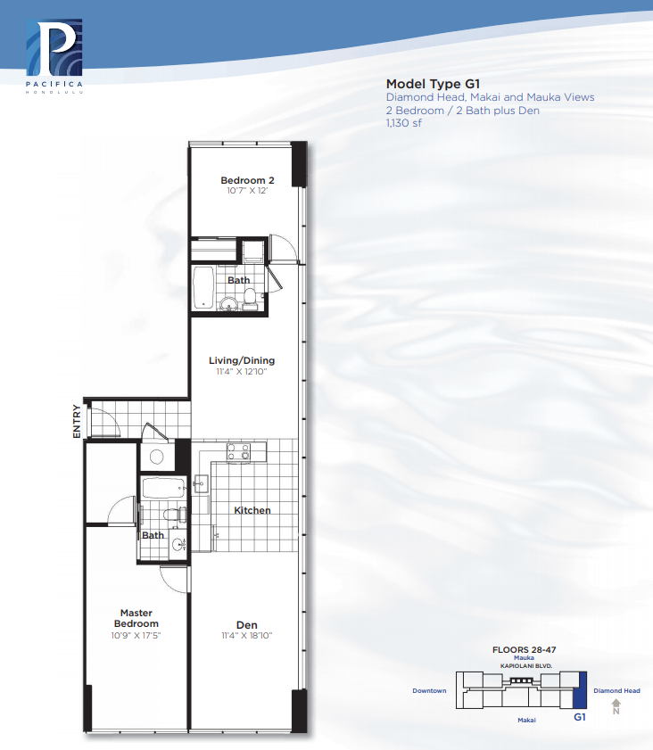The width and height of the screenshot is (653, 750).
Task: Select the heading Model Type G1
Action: pyautogui.click(x=433, y=84)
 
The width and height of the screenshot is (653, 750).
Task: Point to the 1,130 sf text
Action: pyautogui.click(x=404, y=123)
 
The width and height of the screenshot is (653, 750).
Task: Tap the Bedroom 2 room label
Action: pyautogui.click(x=247, y=180)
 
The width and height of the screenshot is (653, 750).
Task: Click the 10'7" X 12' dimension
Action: pyautogui.click(x=247, y=190)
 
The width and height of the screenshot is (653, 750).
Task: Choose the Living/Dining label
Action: pyautogui.click(x=242, y=360)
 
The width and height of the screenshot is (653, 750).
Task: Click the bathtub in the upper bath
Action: pyautogui.click(x=203, y=287)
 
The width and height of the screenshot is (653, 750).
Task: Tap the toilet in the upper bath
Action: pyautogui.click(x=250, y=300)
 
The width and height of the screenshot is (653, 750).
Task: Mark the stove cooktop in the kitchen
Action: pyautogui.click(x=238, y=451)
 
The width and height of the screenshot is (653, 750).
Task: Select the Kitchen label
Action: pyautogui.click(x=252, y=510)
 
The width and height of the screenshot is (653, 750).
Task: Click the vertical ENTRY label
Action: pyautogui.click(x=77, y=421)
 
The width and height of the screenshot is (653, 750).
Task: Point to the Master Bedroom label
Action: pyautogui.click(x=136, y=618)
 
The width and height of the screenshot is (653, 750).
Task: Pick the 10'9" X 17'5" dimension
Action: pyautogui.click(x=136, y=636)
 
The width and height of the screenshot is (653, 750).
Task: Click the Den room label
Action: pyautogui.click(x=247, y=624)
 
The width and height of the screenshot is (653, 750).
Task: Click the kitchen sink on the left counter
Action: pyautogui.click(x=201, y=484)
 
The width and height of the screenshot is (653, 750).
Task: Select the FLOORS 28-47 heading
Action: pyautogui.click(x=524, y=649)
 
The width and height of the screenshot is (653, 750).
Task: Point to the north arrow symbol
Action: pyautogui.click(x=616, y=707)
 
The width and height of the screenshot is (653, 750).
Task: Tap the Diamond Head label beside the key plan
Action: pyautogui.click(x=616, y=690)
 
